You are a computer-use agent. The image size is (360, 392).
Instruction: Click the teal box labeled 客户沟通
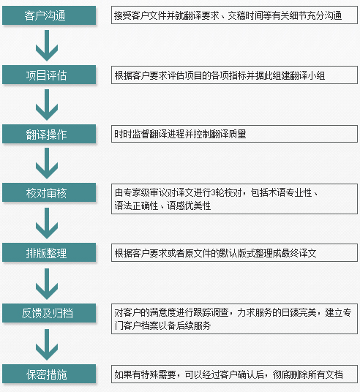pyautogui.click(x=49, y=15)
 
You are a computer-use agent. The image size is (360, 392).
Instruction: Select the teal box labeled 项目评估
pyautogui.click(x=49, y=75)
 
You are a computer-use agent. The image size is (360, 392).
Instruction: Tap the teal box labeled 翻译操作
pyautogui.click(x=49, y=134)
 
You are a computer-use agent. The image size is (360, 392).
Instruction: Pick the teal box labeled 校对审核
pyautogui.click(x=49, y=192)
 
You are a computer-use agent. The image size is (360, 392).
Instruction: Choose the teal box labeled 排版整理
pyautogui.click(x=49, y=252)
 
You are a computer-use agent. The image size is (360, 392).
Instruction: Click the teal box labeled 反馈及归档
pyautogui.click(x=49, y=313)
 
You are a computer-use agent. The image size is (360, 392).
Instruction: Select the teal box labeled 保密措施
pyautogui.click(x=49, y=374)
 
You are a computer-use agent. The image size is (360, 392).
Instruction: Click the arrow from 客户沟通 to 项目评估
pyautogui.click(x=47, y=45)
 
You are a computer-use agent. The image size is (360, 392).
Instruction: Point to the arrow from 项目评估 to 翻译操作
pyautogui.click(x=47, y=105)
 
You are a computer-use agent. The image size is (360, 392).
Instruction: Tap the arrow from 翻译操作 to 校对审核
pyautogui.click(x=47, y=163)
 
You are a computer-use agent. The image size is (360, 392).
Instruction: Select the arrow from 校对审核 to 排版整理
pyautogui.click(x=47, y=223)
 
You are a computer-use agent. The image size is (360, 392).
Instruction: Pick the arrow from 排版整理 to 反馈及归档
pyautogui.click(x=47, y=284)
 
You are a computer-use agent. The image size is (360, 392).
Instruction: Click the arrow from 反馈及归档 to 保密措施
pyautogui.click(x=47, y=344)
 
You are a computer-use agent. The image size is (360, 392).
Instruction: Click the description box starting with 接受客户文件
pyautogui.click(x=234, y=15)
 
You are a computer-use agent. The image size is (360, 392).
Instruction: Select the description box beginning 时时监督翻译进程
pyautogui.click(x=234, y=134)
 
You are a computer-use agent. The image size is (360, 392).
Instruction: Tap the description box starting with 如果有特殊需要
pyautogui.click(x=234, y=374)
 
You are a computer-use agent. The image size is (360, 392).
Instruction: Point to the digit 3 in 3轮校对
pyautogui.click(x=214, y=193)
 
